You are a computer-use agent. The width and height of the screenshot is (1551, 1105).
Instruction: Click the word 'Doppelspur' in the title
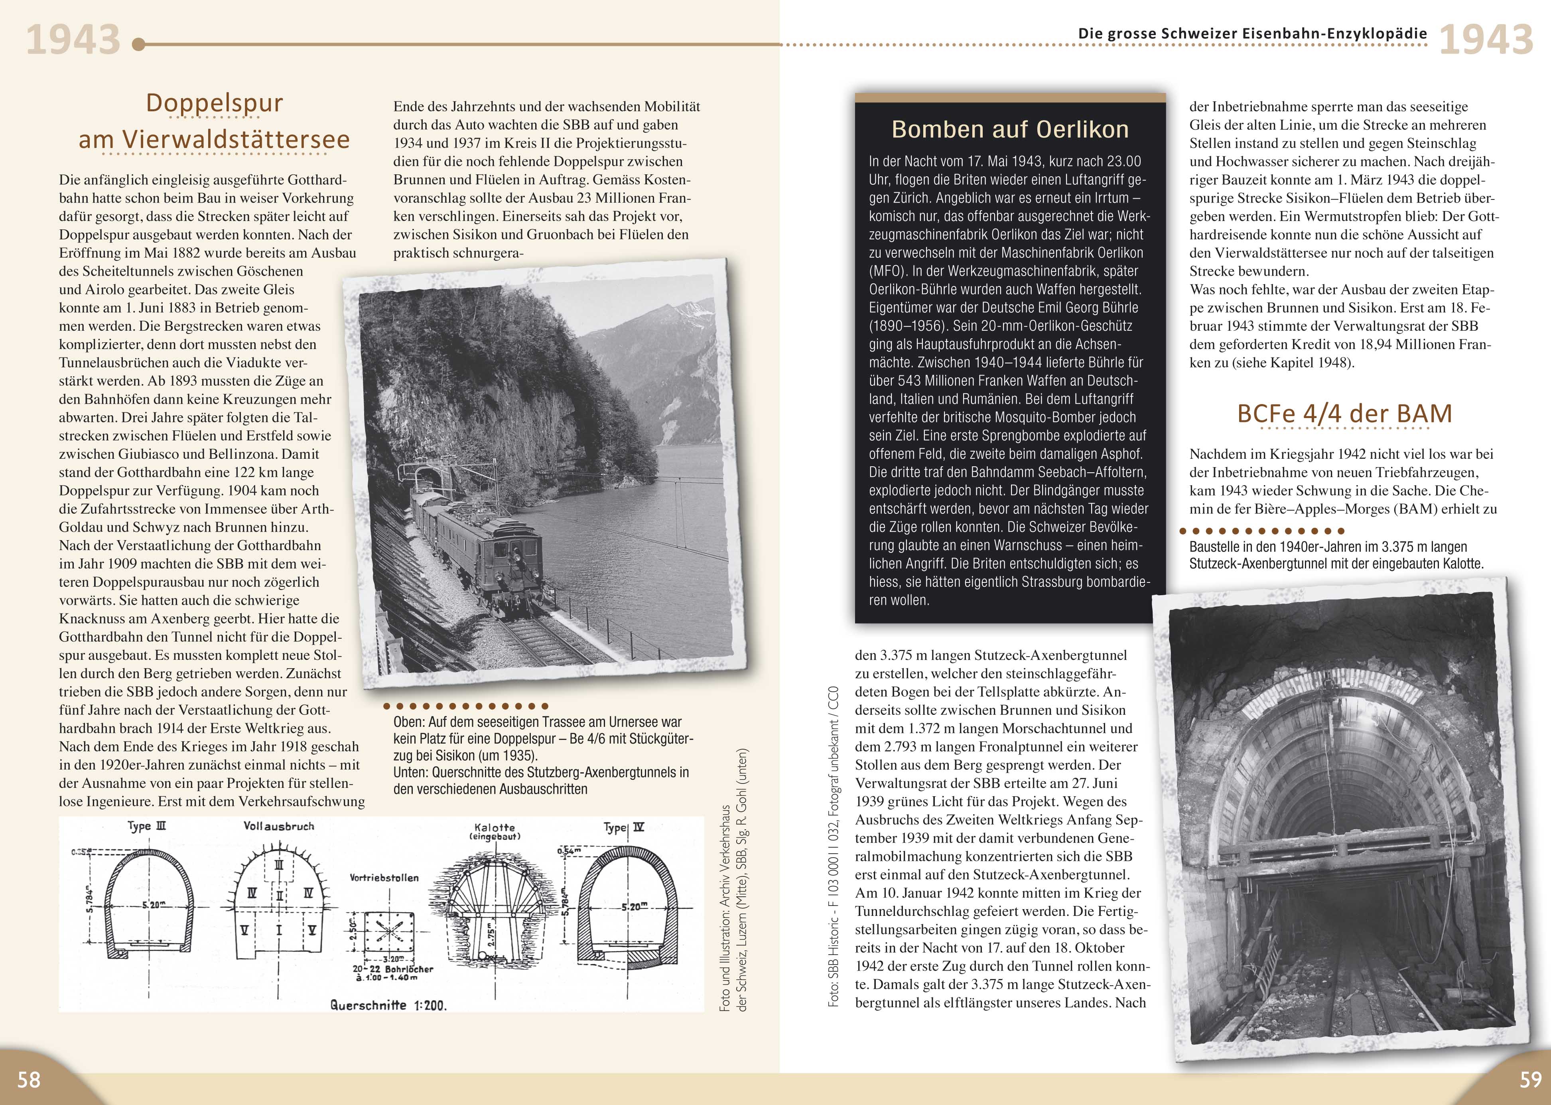click(214, 103)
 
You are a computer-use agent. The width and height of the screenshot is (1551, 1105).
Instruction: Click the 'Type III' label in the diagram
click(147, 826)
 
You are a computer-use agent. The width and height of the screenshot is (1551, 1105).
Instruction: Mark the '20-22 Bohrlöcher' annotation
click(392, 969)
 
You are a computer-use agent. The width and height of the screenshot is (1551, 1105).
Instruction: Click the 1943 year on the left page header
click(73, 40)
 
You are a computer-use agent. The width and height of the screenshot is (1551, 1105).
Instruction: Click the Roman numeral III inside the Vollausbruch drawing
click(279, 866)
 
